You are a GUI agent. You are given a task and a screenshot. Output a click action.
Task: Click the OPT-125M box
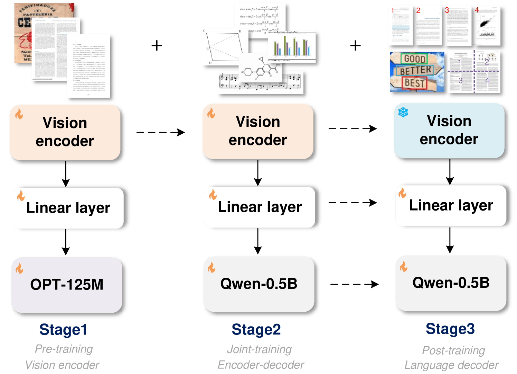67,285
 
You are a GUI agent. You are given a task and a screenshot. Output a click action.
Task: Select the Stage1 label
63,329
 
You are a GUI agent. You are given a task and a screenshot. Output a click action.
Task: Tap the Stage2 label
256,329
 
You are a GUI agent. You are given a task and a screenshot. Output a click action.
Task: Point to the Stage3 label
450,329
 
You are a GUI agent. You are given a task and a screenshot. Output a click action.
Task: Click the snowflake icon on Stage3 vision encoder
403,112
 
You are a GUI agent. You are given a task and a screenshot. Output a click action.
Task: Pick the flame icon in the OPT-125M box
19,268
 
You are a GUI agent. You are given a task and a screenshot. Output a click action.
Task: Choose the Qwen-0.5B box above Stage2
258,284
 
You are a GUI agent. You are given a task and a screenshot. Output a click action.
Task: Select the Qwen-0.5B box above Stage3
451,283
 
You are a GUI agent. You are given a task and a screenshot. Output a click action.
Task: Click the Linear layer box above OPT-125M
68,208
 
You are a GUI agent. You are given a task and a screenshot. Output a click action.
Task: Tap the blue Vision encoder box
449,130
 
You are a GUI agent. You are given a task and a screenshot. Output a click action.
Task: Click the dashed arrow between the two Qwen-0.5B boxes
355,284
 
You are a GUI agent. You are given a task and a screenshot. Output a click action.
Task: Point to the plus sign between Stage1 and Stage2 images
157,45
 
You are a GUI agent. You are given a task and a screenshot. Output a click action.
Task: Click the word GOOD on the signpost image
414,59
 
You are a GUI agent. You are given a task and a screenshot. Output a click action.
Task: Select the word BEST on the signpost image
414,83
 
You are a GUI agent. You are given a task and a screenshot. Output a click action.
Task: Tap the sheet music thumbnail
260,82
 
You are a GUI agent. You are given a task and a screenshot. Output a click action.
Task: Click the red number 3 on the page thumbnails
447,10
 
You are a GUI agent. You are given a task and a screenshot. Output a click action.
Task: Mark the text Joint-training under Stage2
259,349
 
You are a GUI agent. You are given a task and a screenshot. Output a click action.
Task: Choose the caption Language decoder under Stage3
451,365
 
